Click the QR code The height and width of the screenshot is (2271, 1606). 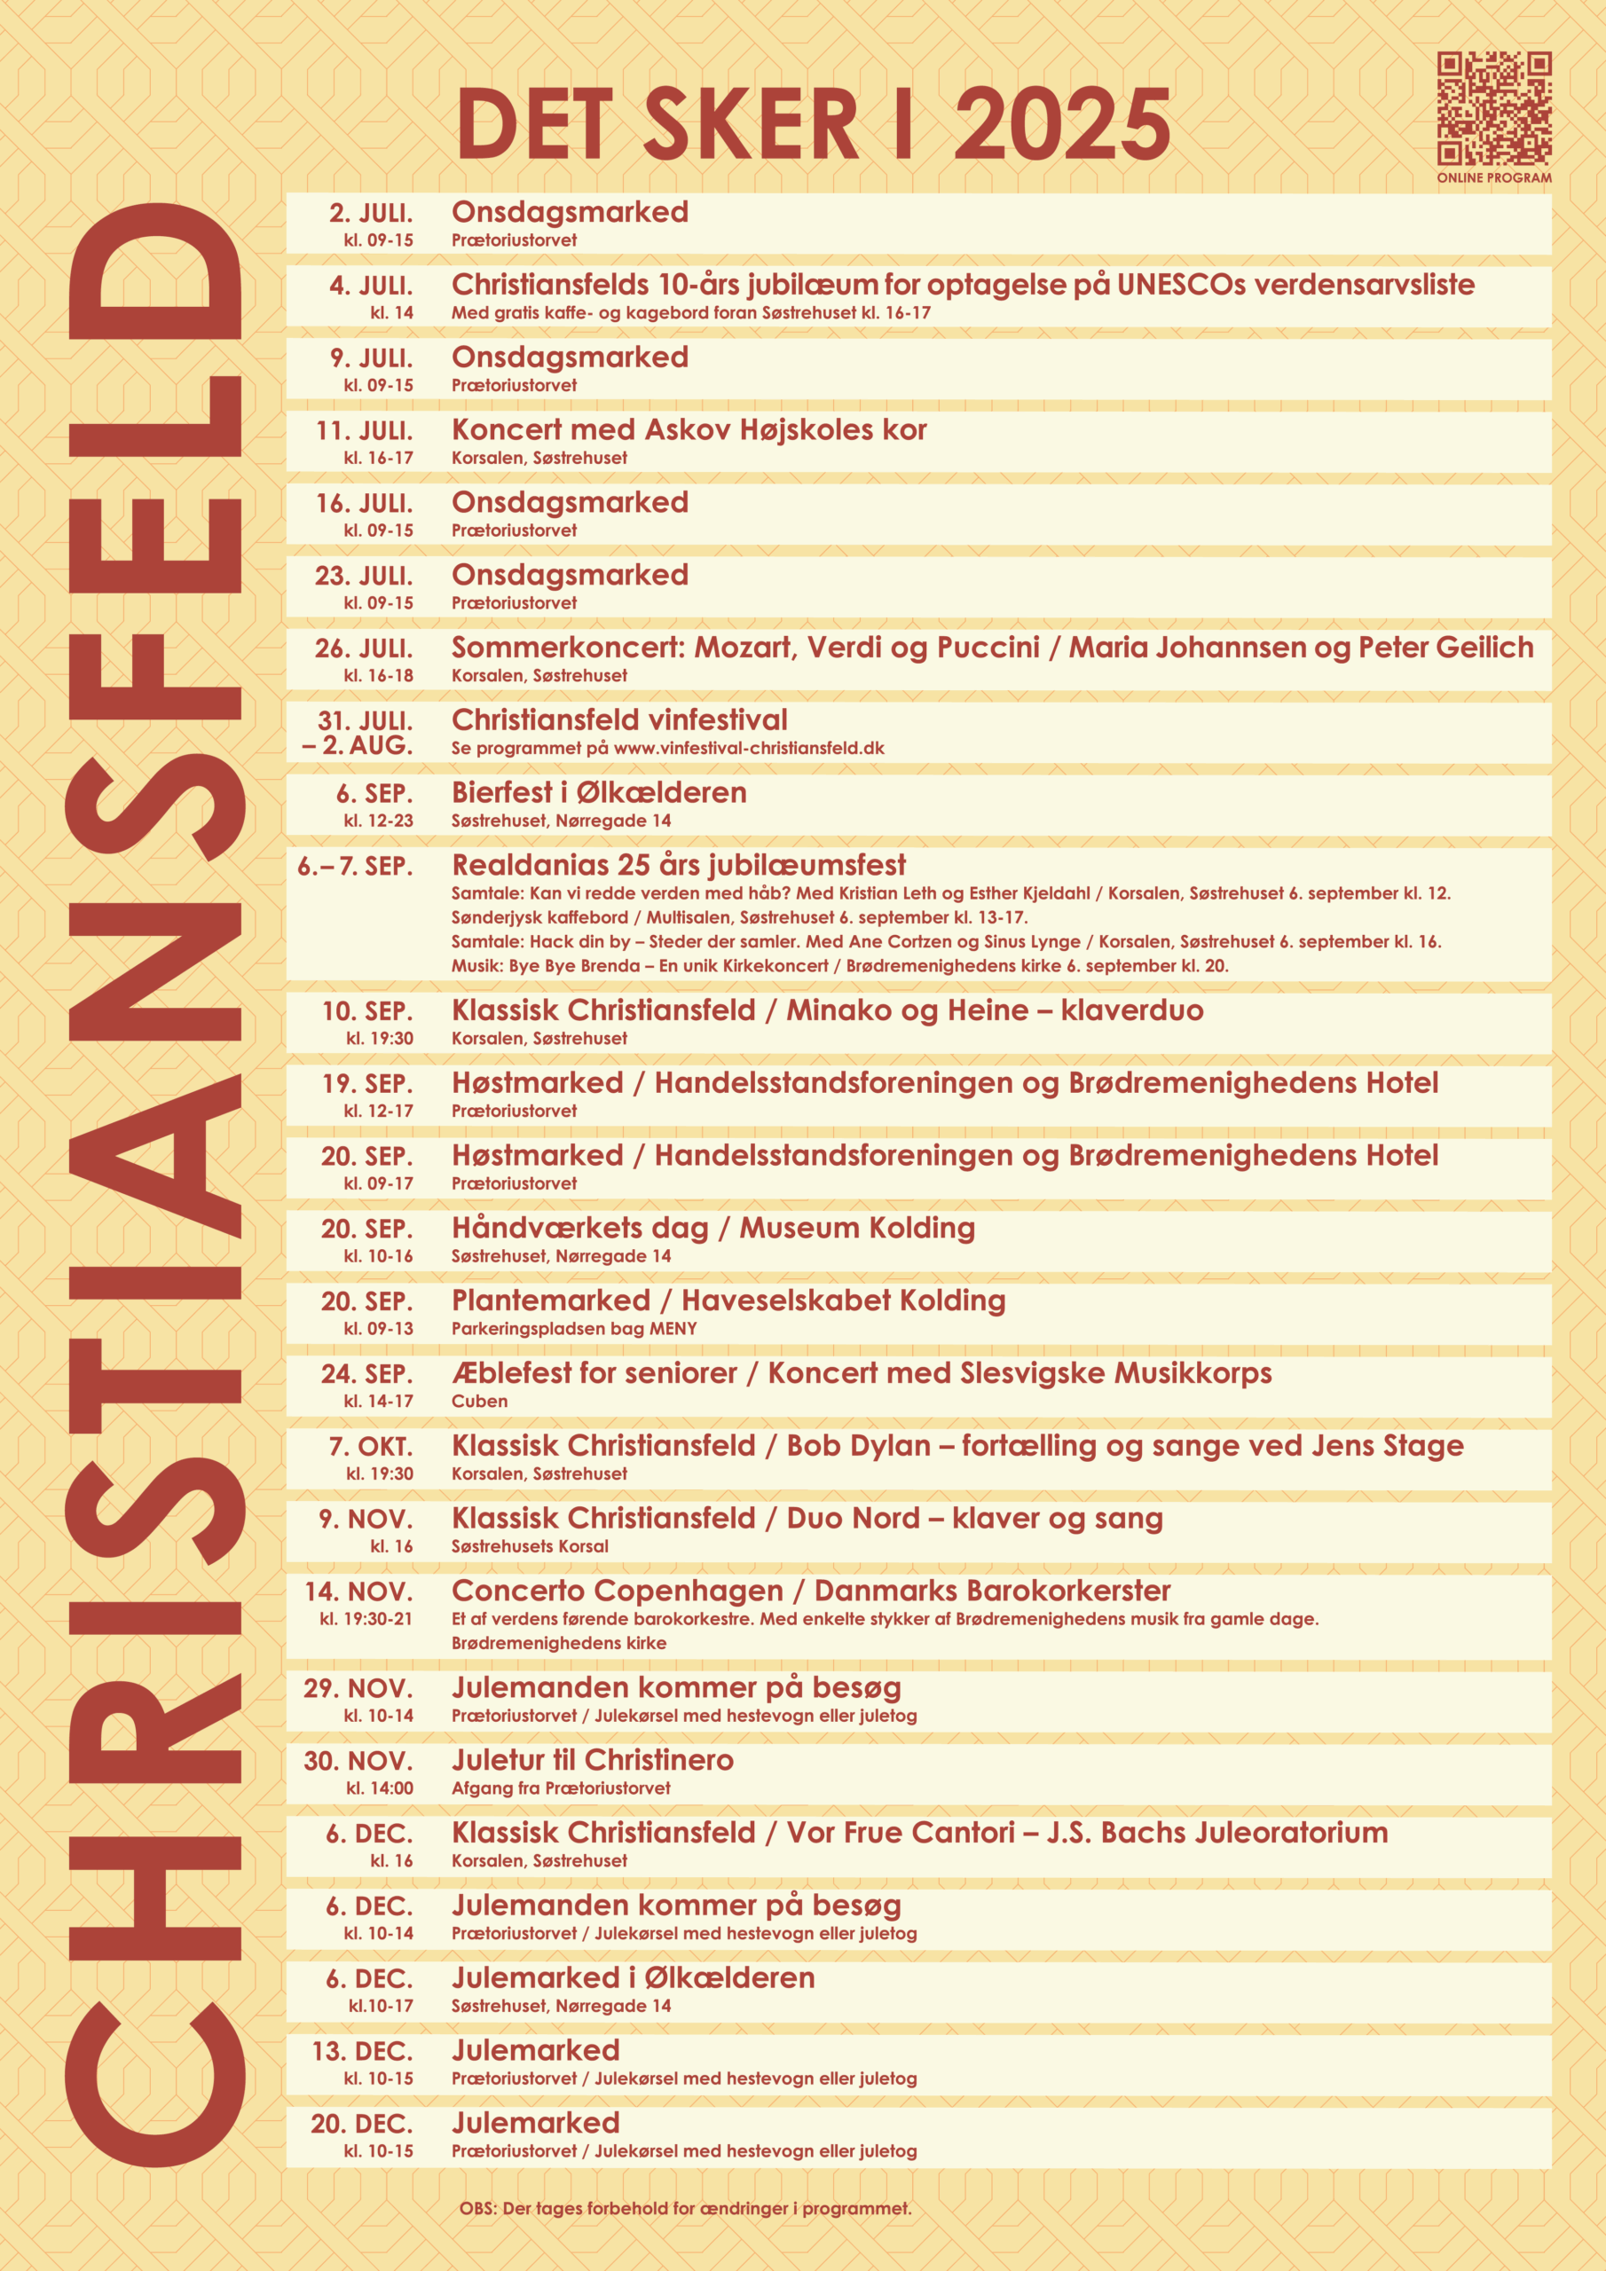click(1494, 108)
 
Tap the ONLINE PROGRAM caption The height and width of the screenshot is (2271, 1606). click(1494, 178)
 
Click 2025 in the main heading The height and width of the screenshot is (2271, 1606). click(1062, 124)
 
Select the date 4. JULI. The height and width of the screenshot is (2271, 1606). click(371, 286)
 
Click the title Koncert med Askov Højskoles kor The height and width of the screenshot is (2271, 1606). click(689, 430)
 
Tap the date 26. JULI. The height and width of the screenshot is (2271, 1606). click(364, 648)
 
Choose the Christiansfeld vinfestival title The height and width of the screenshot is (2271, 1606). click(619, 720)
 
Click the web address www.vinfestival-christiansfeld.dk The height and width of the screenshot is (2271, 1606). click(749, 749)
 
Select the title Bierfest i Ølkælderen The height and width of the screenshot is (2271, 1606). click(599, 792)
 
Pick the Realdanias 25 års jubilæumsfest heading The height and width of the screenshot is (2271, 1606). click(678, 866)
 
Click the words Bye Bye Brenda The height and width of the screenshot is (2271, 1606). click(574, 965)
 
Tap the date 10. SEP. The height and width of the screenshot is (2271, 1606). click(367, 1011)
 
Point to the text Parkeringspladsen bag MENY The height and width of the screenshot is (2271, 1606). click(574, 1328)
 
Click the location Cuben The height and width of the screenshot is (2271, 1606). click(480, 1401)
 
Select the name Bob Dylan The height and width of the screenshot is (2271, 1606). click(858, 1446)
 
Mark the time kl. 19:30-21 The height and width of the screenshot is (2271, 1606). click(366, 1618)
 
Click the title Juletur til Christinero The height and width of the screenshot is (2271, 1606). click(593, 1760)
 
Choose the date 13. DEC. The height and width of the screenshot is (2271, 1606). click(362, 2051)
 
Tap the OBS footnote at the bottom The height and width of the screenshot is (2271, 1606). click(685, 2209)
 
